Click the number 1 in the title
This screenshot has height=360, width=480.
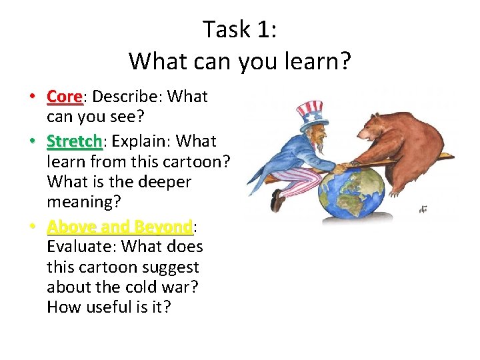[x=265, y=29]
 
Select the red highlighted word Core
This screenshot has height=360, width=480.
[x=64, y=97]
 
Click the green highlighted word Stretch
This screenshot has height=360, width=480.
[x=74, y=141]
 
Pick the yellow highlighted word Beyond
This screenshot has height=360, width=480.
[x=164, y=227]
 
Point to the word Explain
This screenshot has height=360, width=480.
[x=139, y=141]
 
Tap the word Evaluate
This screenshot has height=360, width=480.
[x=79, y=247]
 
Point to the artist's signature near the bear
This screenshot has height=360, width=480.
[x=423, y=209]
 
